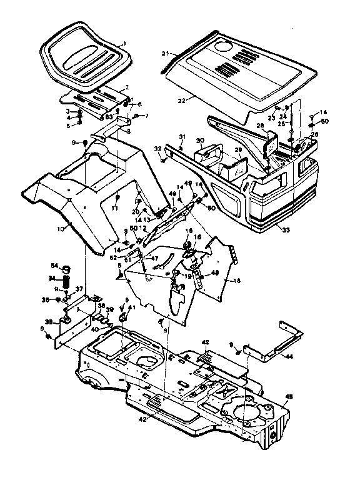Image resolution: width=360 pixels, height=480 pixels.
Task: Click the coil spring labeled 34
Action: pos(66,277)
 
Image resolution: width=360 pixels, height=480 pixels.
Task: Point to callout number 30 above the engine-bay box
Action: pos(200,141)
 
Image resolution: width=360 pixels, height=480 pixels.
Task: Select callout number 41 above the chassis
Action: pos(131,307)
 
